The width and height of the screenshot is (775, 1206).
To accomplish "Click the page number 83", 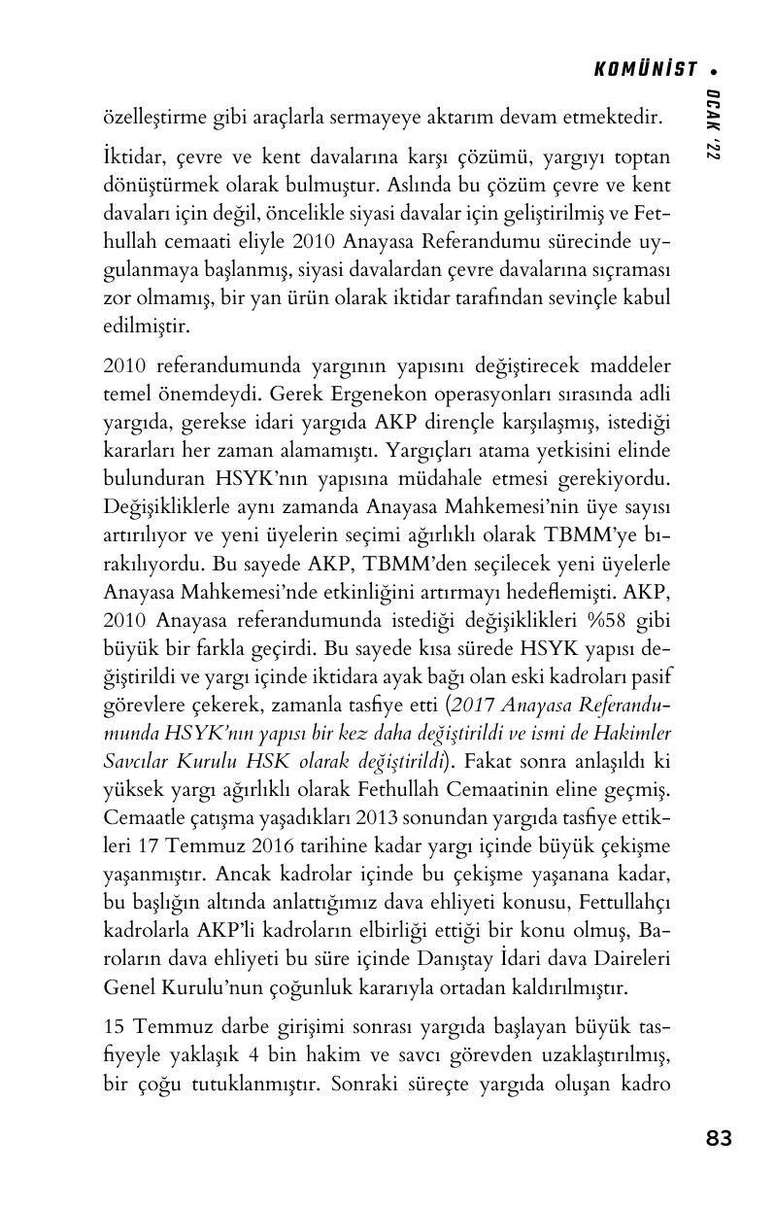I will click(719, 1138).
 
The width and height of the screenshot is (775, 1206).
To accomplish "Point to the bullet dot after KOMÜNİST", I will click(714, 70).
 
